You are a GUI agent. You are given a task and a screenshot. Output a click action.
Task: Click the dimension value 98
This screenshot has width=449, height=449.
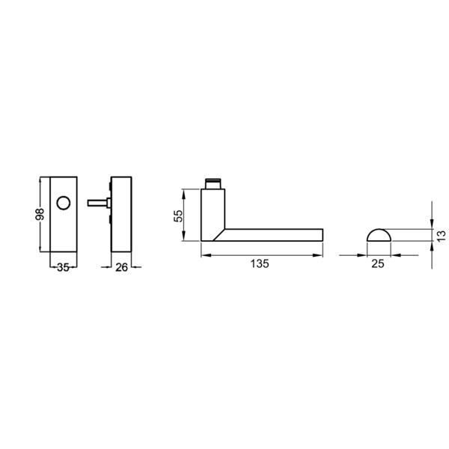coord(40,214)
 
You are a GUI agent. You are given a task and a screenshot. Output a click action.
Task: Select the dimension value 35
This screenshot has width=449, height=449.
coord(64,267)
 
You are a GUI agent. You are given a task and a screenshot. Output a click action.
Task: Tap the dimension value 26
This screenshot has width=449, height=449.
coord(121,267)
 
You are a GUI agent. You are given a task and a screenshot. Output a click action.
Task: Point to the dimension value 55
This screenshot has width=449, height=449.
coord(178,216)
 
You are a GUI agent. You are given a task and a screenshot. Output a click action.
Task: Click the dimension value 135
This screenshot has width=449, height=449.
coord(260,263)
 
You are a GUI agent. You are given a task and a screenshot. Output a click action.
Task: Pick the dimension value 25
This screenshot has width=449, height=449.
coord(378,263)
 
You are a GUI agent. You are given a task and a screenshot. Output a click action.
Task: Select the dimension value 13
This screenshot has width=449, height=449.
coord(442,236)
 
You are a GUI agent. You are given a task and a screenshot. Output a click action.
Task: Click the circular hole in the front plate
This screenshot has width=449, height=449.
coord(64,204)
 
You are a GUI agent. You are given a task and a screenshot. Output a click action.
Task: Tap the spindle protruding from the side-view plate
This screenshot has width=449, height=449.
coord(97,203)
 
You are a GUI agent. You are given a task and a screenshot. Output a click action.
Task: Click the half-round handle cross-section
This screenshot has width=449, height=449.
coord(379,235)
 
